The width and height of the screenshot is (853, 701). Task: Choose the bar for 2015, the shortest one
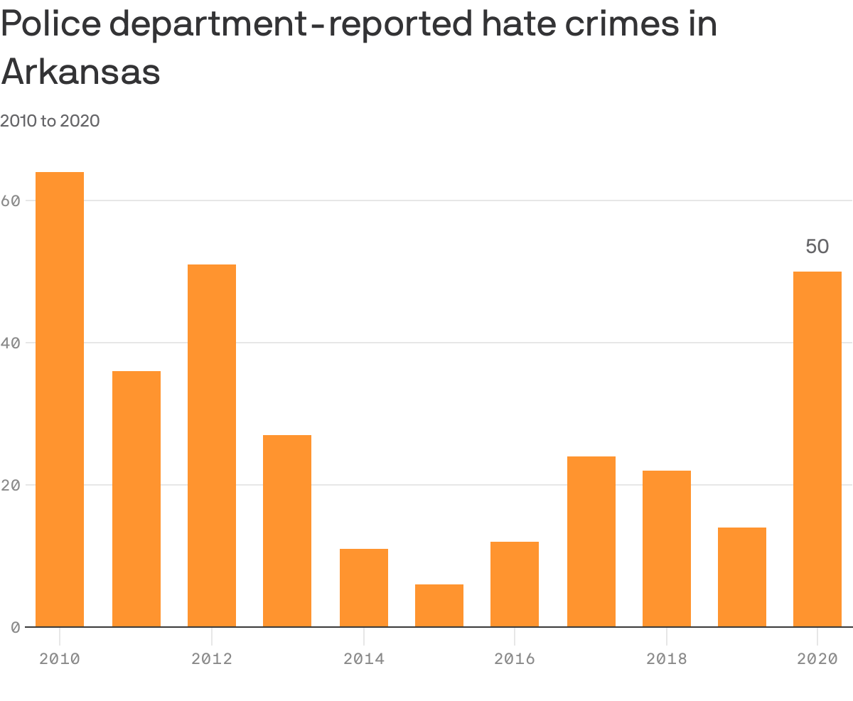point(439,606)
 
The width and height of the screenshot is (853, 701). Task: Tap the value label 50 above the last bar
point(817,247)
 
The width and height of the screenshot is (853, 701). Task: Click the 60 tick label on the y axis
point(9,201)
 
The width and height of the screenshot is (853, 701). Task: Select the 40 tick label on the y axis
point(9,343)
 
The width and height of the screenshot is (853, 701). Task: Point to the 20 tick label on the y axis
point(9,486)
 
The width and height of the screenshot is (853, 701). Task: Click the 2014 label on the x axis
point(363,659)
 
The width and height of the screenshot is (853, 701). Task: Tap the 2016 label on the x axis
point(515,659)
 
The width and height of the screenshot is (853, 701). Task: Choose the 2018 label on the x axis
point(667,659)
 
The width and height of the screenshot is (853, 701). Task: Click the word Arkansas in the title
point(80,72)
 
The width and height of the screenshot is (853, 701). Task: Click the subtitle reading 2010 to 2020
point(50,121)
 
